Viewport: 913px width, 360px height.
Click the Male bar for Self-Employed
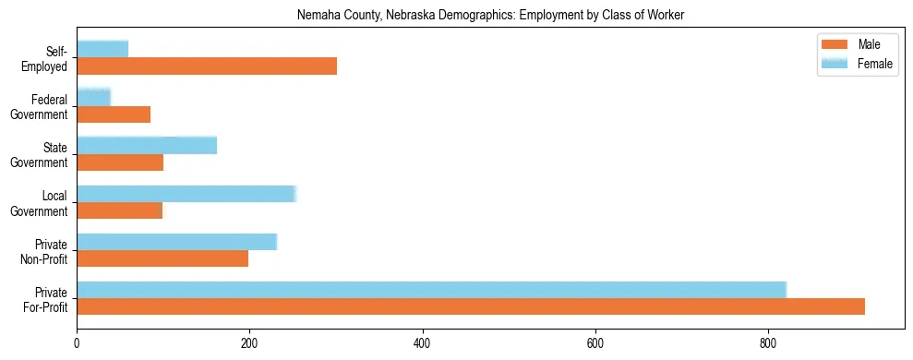click(207, 66)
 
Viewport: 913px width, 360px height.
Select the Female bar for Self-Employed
click(102, 49)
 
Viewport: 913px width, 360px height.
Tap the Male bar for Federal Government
click(114, 114)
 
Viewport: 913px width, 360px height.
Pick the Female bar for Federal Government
click(93, 97)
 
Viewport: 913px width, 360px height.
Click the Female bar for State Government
click(147, 145)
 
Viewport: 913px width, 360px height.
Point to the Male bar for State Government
click(120, 162)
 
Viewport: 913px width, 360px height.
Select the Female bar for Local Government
click(186, 193)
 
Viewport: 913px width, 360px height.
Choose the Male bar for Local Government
click(120, 210)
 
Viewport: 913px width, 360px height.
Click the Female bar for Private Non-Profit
click(176, 242)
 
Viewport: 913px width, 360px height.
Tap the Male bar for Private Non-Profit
click(162, 258)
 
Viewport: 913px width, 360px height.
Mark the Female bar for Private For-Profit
click(431, 290)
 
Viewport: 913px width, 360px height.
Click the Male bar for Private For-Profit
click(471, 306)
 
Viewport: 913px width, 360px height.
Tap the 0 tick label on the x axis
click(77, 342)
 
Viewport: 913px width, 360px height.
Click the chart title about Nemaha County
click(490, 16)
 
